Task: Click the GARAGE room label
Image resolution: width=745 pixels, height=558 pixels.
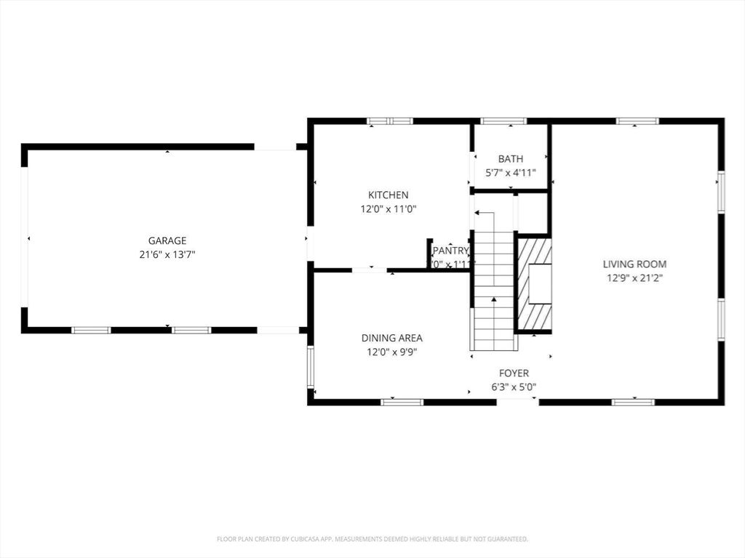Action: pyautogui.click(x=167, y=240)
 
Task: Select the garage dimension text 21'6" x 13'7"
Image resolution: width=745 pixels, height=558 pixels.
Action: pyautogui.click(x=167, y=254)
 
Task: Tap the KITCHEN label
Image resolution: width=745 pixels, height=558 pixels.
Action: pyautogui.click(x=388, y=195)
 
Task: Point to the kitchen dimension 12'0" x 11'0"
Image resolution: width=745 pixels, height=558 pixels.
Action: pyautogui.click(x=388, y=209)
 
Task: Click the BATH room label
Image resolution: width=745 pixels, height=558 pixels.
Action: pyautogui.click(x=510, y=159)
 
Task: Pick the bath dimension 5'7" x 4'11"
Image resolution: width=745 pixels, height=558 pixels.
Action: pyautogui.click(x=510, y=173)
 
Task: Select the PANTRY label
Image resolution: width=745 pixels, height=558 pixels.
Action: pyautogui.click(x=451, y=251)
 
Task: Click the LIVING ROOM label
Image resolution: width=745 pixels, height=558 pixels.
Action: pyautogui.click(x=634, y=264)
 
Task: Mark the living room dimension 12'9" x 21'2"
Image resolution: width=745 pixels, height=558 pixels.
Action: pyautogui.click(x=634, y=278)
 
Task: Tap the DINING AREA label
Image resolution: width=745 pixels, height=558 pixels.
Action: pyautogui.click(x=391, y=338)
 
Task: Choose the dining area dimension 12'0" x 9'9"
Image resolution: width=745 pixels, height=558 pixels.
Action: pyautogui.click(x=391, y=352)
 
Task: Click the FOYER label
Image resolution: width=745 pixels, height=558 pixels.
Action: pyautogui.click(x=514, y=373)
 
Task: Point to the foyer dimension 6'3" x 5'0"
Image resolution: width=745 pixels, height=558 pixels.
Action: pyautogui.click(x=514, y=387)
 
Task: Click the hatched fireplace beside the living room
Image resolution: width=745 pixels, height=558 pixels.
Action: pyautogui.click(x=533, y=283)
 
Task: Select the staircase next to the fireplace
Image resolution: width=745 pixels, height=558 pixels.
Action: pyautogui.click(x=494, y=291)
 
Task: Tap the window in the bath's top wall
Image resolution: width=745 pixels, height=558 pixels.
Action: pyautogui.click(x=503, y=121)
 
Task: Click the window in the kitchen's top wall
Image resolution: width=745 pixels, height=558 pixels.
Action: pyautogui.click(x=389, y=121)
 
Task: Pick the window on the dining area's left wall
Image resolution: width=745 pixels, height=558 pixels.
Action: pyautogui.click(x=310, y=367)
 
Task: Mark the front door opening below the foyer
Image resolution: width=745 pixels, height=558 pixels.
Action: pyautogui.click(x=517, y=401)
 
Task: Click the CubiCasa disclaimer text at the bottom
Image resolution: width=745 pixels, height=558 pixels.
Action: pyautogui.click(x=372, y=539)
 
